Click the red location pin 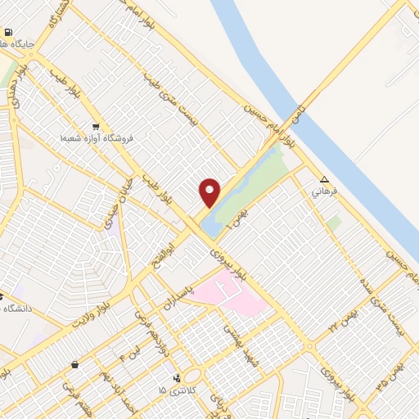coord(210,192)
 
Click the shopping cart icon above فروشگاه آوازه coord(96,127)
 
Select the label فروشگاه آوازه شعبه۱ coord(96,138)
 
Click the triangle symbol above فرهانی coord(325,179)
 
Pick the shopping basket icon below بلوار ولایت coord(75,364)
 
